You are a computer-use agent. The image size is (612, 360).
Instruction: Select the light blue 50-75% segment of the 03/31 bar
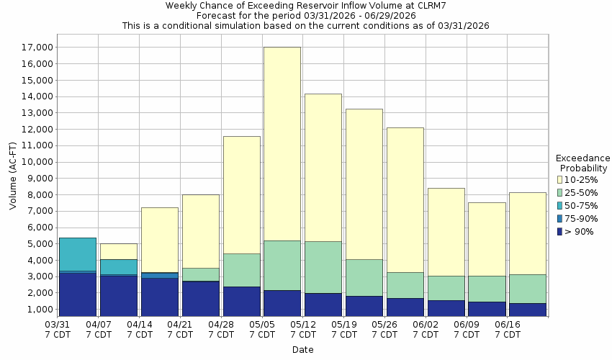(x=78, y=254)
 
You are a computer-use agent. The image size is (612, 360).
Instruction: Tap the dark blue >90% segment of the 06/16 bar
(x=527, y=309)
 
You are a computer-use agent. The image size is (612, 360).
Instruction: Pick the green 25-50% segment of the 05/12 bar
(x=323, y=267)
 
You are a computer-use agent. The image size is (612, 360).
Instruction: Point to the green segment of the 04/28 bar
(x=241, y=270)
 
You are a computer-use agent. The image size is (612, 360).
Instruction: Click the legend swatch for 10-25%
(x=561, y=179)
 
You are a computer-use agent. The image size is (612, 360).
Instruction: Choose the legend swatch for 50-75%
(x=561, y=205)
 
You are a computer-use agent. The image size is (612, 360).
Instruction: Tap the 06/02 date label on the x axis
(x=426, y=330)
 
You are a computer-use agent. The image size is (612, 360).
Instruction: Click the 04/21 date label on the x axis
(x=181, y=330)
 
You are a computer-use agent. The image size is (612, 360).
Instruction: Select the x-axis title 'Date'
(x=302, y=350)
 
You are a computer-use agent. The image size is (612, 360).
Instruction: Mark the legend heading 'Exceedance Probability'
(x=582, y=163)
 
